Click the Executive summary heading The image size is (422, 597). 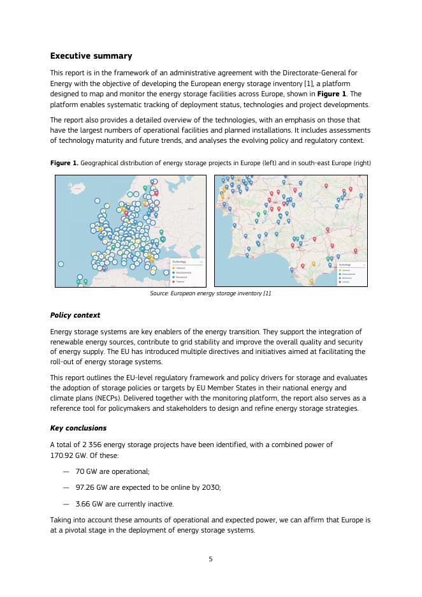tap(91, 56)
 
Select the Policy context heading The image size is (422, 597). tap(75, 315)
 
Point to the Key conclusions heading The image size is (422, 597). tap(78, 428)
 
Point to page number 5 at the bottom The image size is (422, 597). tap(210, 559)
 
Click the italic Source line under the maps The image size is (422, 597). tap(210, 293)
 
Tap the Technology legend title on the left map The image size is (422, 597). tap(179, 262)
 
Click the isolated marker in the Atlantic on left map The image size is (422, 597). tap(61, 263)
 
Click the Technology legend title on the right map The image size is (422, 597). tap(345, 264)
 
